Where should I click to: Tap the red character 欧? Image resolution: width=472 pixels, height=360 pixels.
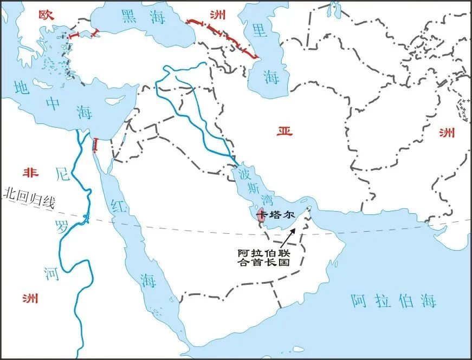click(x=45, y=14)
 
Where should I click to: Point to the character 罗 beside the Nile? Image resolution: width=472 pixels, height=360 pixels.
click(x=63, y=227)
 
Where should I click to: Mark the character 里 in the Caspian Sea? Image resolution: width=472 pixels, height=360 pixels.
click(x=261, y=31)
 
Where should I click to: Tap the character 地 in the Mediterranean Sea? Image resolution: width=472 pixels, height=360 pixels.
click(x=23, y=88)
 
